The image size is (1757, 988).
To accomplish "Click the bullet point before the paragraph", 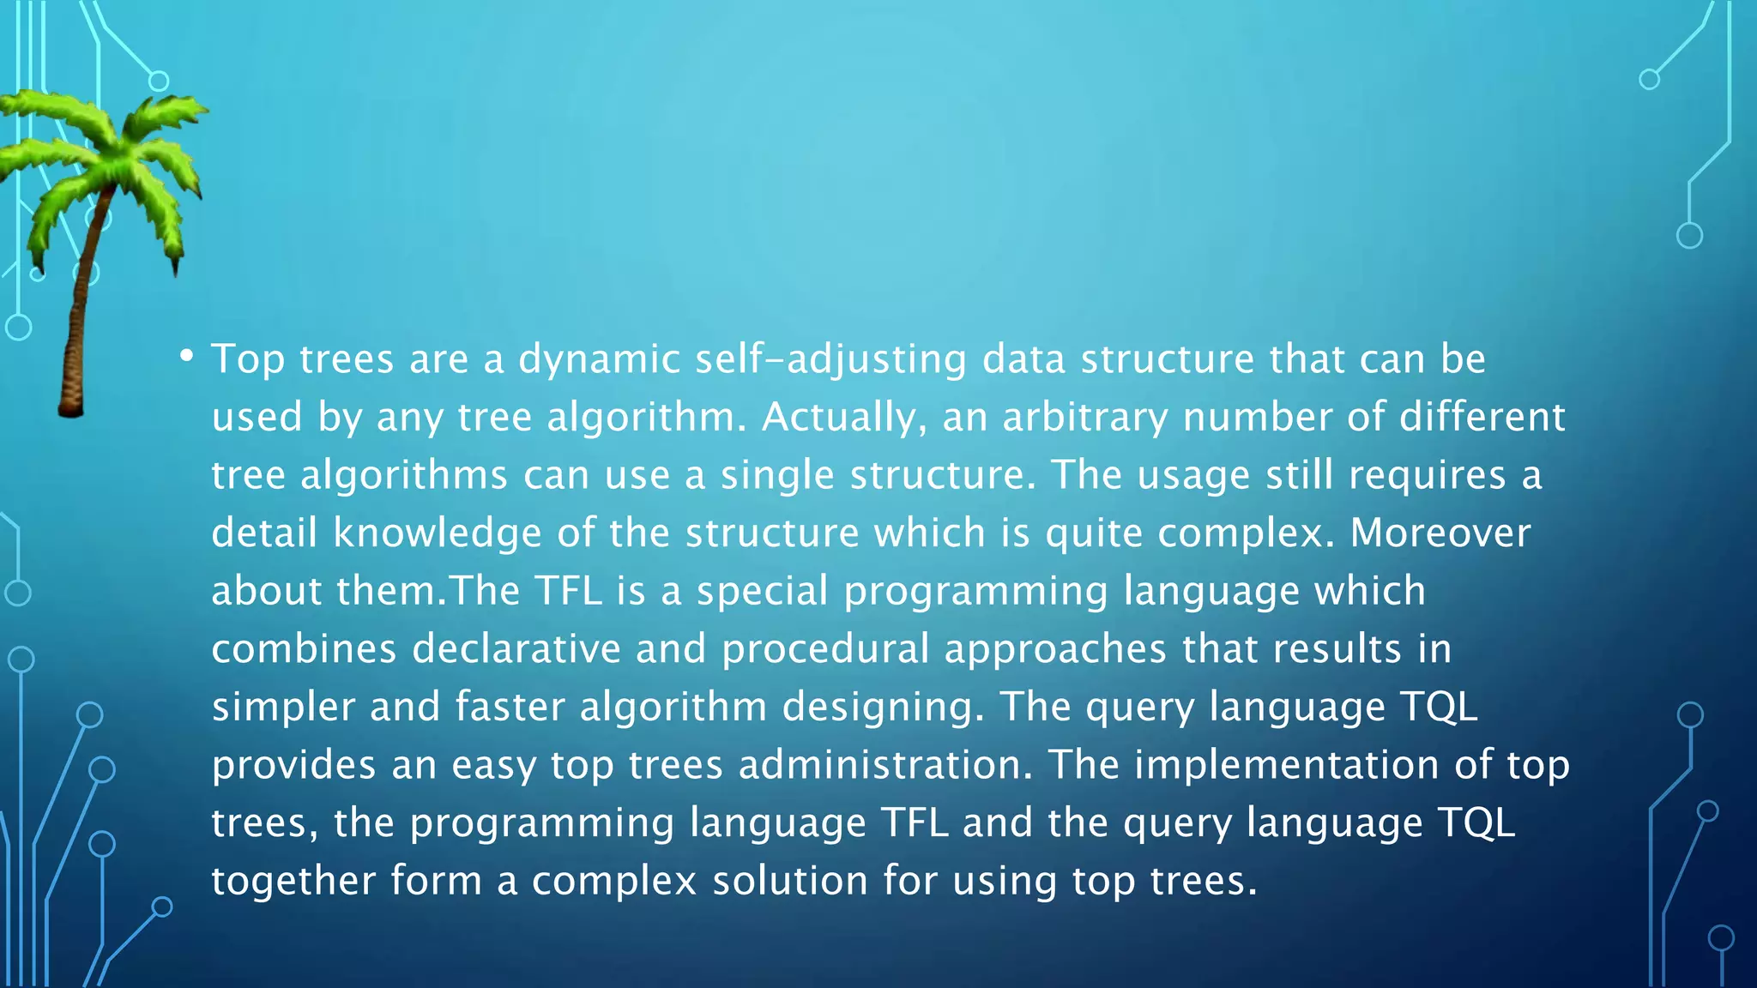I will tap(186, 356).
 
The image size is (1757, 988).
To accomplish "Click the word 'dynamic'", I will tap(599, 359).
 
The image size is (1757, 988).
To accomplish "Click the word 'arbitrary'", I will tap(1084, 418).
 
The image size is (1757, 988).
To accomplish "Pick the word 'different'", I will tap(1482, 418).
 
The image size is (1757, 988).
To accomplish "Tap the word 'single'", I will tap(776, 475).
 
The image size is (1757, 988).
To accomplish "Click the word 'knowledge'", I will tap(437, 533).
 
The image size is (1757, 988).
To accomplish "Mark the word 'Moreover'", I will tap(1440, 533).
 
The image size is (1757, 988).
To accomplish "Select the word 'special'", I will tap(762, 591).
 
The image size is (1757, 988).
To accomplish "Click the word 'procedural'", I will tap(825, 649).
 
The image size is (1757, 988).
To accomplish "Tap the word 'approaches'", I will tap(1055, 649).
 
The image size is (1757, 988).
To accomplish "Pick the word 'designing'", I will tap(884, 708).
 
